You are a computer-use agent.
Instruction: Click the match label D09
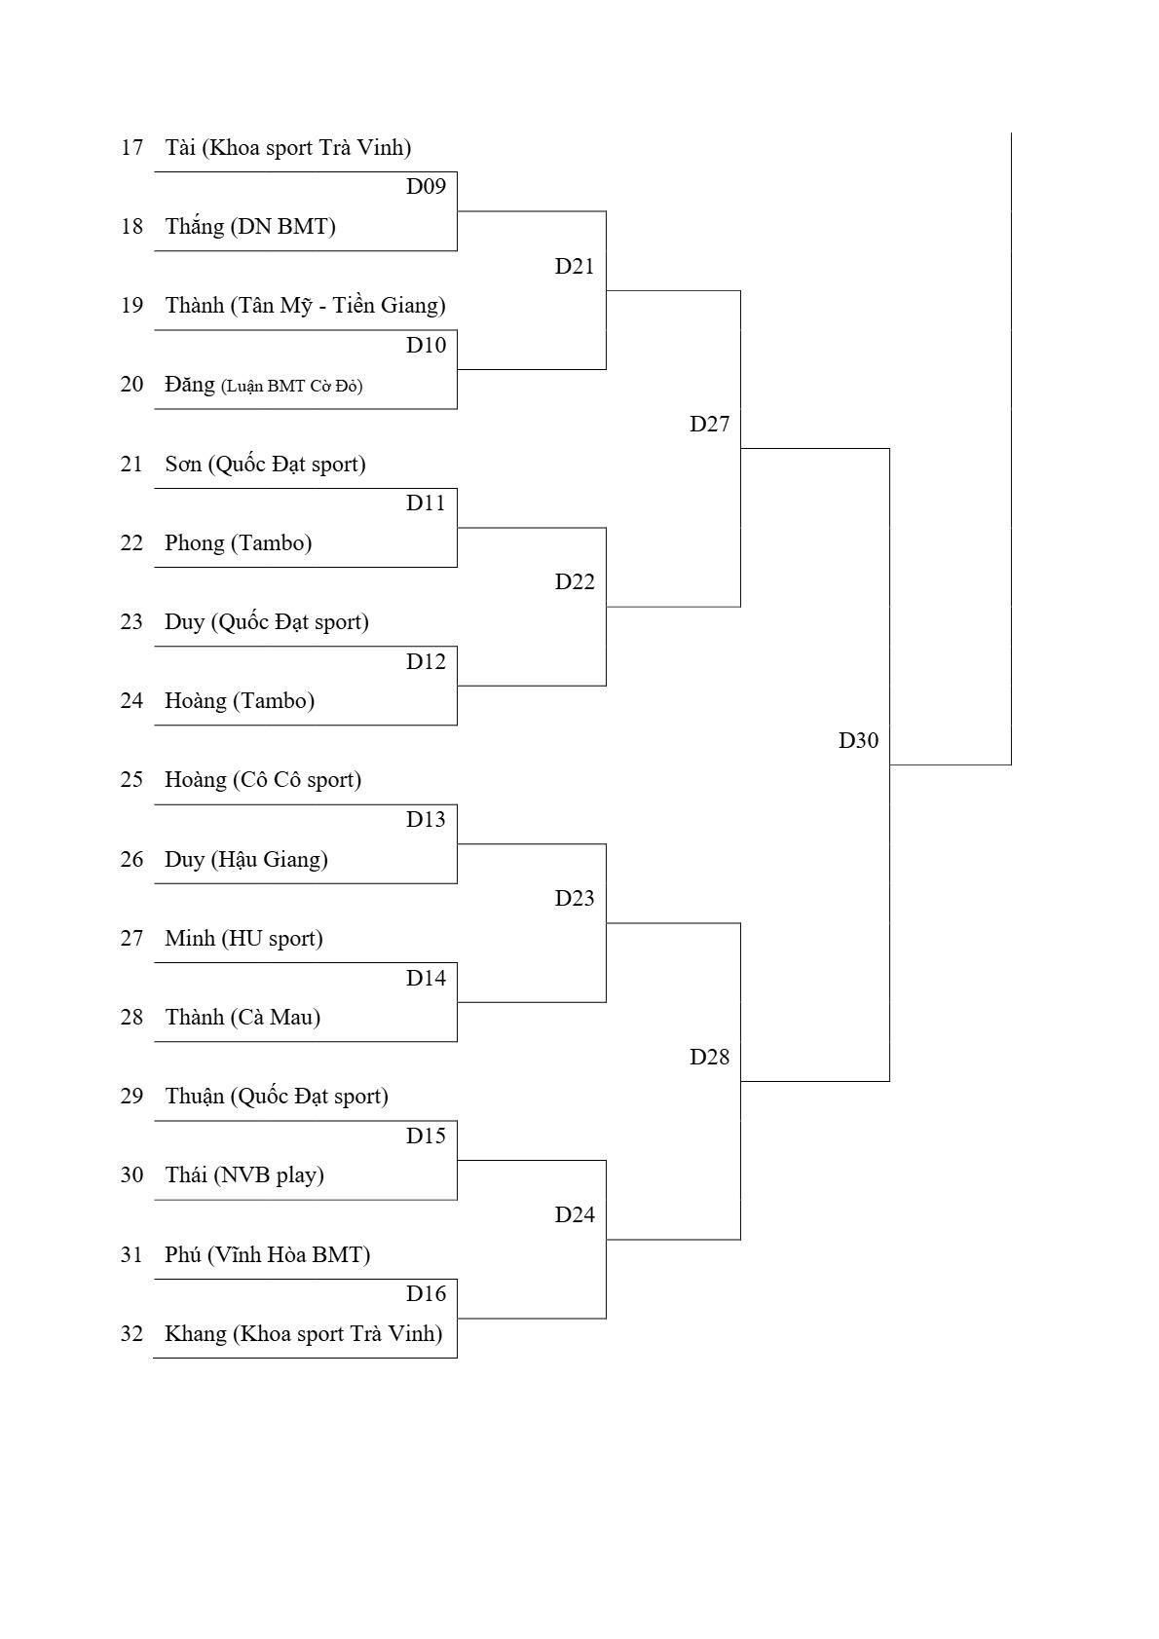[x=426, y=187]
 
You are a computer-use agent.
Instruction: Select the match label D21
[x=575, y=266]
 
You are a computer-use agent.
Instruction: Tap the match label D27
[x=710, y=425]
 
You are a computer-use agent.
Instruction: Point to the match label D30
[x=858, y=740]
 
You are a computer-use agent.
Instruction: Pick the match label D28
[x=710, y=1057]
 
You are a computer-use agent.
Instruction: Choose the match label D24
[x=575, y=1214]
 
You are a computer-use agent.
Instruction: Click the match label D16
[x=426, y=1293]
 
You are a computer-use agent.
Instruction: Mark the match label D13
[x=426, y=820]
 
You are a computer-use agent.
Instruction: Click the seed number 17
[x=131, y=148]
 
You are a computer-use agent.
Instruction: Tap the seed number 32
[x=131, y=1334]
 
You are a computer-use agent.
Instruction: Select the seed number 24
[x=131, y=701]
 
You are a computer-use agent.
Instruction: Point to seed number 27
[x=131, y=938]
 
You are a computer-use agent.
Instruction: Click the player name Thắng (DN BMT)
[x=250, y=227]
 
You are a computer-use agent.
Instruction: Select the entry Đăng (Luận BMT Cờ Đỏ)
[x=263, y=385]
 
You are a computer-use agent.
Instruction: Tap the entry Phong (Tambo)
[x=239, y=542]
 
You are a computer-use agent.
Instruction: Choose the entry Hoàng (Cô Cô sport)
[x=263, y=780]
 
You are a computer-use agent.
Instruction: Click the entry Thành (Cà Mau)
[x=243, y=1017]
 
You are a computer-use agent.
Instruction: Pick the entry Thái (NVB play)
[x=244, y=1175]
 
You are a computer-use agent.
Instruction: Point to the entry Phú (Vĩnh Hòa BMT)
[x=268, y=1255]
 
